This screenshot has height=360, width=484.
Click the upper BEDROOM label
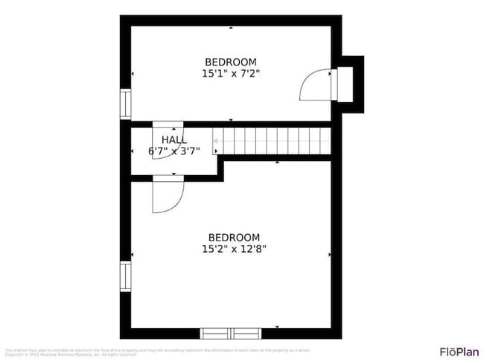231,62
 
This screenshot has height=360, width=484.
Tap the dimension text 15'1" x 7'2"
231,74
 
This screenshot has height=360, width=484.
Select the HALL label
174,139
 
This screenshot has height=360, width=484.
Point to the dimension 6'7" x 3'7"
174,151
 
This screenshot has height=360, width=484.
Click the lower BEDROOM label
234,237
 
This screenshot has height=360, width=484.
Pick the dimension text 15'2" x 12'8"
234,249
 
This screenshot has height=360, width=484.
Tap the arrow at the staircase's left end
216,140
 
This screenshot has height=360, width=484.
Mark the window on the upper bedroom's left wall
125,104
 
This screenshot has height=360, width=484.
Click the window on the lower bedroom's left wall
125,276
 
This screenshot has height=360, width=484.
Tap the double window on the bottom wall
232,333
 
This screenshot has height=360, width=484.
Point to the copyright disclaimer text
156,352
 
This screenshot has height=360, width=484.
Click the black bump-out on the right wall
353,84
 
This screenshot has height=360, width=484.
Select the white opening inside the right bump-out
344,83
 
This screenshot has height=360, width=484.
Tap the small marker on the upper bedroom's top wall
231,28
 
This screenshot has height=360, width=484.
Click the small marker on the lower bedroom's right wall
330,254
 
